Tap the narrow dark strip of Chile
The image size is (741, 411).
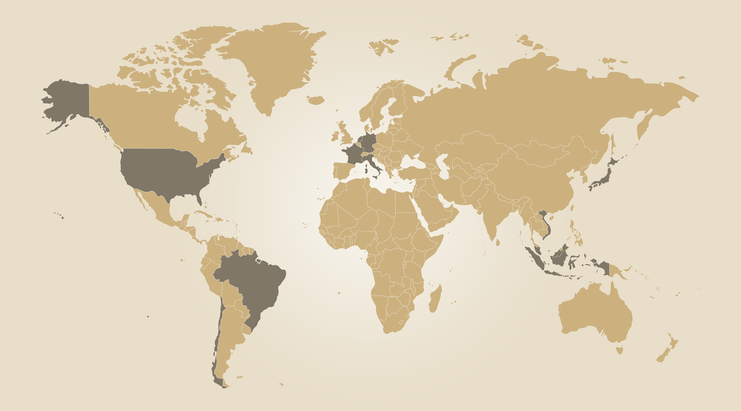click(x=217, y=347)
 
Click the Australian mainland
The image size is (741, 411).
click(x=594, y=313)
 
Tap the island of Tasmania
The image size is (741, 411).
click(x=620, y=350)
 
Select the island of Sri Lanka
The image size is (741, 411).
click(x=498, y=242)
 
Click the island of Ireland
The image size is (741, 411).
click(x=335, y=136)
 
